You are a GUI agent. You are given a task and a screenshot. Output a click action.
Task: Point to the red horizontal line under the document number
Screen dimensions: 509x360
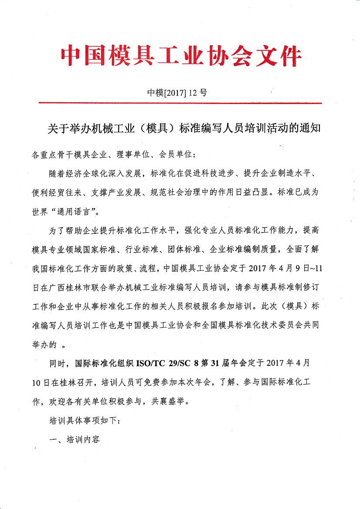pyautogui.click(x=180, y=103)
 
